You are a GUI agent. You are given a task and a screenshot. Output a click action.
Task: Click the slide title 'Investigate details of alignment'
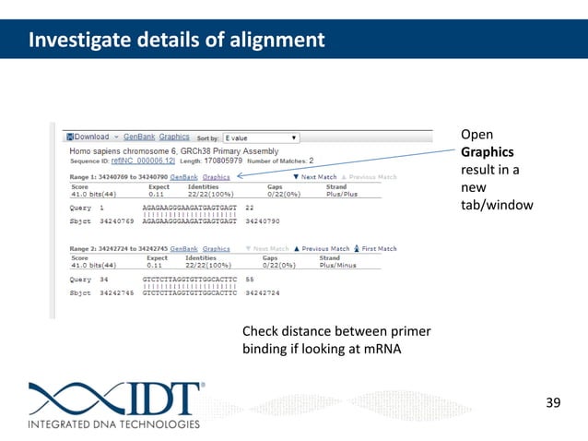(x=175, y=41)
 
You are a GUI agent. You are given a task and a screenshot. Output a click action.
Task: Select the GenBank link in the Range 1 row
(x=183, y=176)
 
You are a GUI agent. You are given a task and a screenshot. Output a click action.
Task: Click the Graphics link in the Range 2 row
(x=217, y=248)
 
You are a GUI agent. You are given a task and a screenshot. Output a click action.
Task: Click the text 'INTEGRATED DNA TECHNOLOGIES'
(x=113, y=424)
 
